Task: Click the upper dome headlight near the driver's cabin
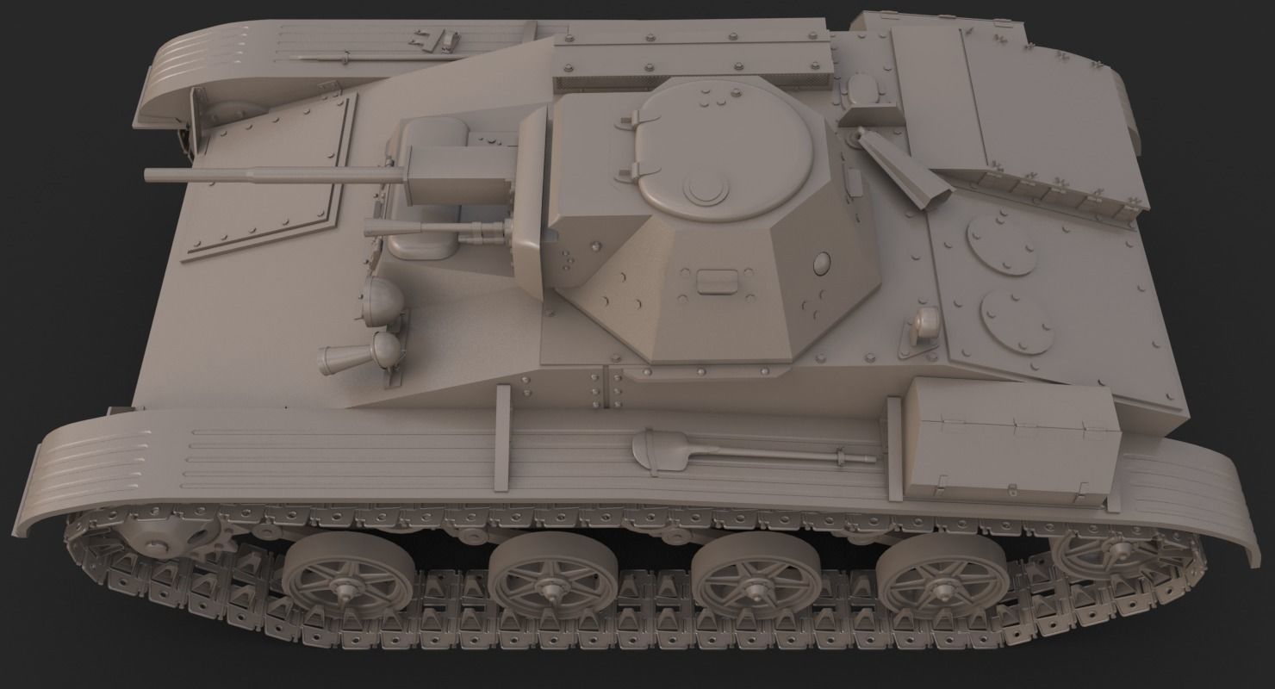(x=384, y=297)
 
